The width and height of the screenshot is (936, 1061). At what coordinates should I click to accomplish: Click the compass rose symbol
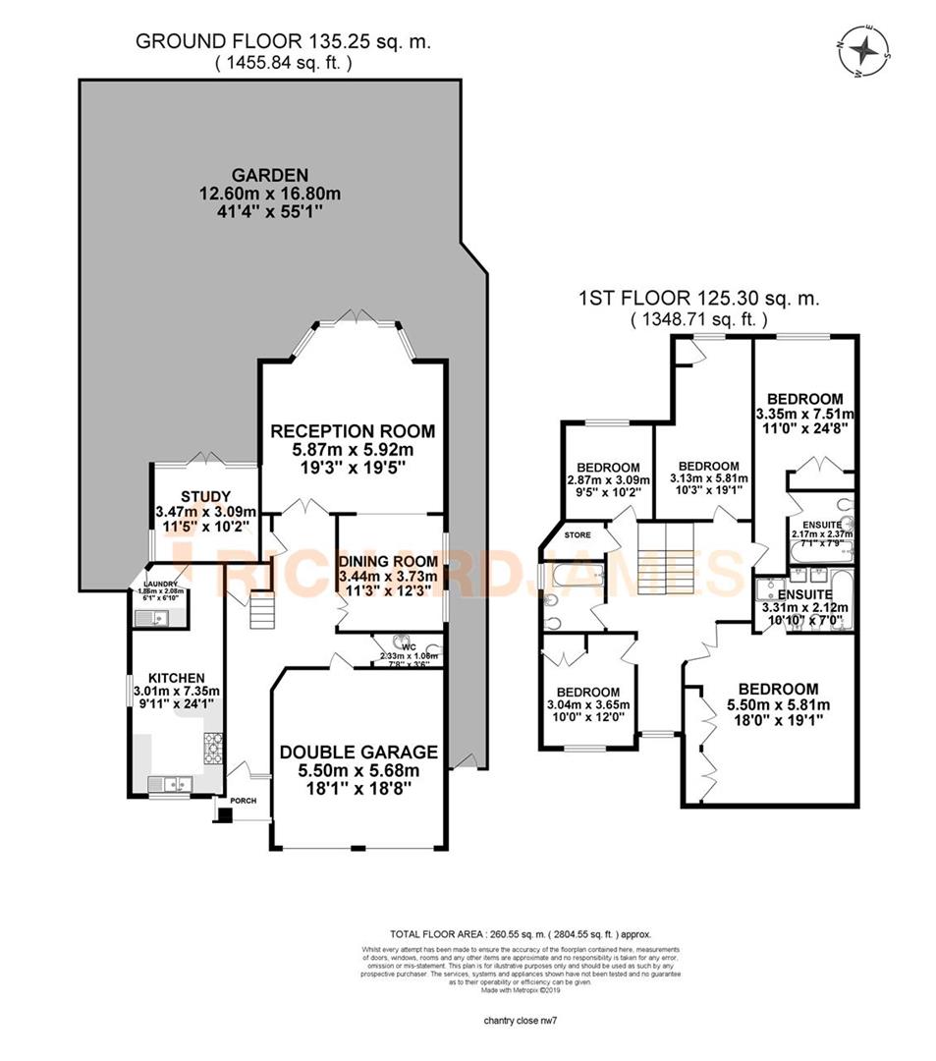[x=863, y=52]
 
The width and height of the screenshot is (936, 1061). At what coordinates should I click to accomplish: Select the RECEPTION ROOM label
[x=352, y=430]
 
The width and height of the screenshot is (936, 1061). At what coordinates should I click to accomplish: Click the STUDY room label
[x=205, y=495]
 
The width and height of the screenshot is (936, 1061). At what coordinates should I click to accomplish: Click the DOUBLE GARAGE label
[x=358, y=752]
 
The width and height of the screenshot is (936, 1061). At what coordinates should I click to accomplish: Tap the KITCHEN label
[x=176, y=678]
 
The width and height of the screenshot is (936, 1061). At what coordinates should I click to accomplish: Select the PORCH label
[x=243, y=801]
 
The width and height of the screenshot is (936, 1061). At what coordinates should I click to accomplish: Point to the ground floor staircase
[x=260, y=613]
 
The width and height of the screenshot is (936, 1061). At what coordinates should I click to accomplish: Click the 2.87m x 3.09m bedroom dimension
[x=608, y=481]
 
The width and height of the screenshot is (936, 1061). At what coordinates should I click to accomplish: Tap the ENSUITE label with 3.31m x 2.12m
[x=804, y=594]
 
